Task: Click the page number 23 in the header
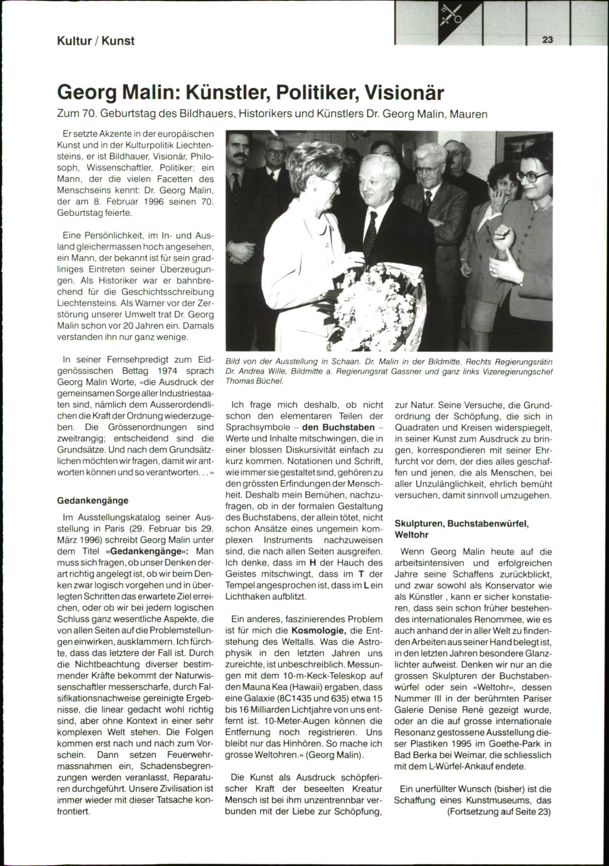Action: tap(548, 40)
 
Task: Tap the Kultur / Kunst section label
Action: tap(95, 41)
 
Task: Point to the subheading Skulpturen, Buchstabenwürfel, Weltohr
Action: tap(461, 529)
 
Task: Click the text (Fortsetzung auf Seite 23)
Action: tap(499, 811)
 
